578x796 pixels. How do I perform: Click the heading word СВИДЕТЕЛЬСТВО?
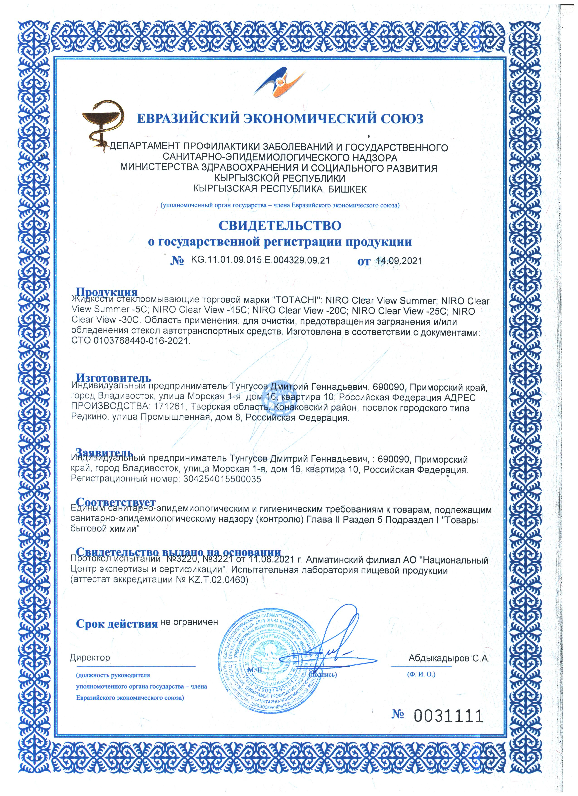pos(280,225)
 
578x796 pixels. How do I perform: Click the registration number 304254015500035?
pos(222,479)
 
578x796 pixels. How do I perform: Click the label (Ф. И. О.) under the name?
pos(421,674)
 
